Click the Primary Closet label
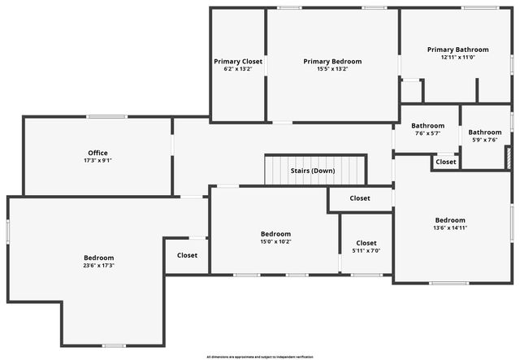238,61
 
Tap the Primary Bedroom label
332,61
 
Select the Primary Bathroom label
457,50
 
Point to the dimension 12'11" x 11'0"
457,58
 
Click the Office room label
97,153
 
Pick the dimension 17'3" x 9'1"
97,161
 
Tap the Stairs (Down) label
313,171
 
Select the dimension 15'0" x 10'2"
275,242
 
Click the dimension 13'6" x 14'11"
450,228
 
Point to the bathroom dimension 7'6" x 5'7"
427,133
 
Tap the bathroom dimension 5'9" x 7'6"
485,140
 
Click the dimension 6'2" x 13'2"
238,69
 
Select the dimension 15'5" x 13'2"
332,69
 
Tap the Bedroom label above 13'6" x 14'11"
450,220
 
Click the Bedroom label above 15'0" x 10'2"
275,234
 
